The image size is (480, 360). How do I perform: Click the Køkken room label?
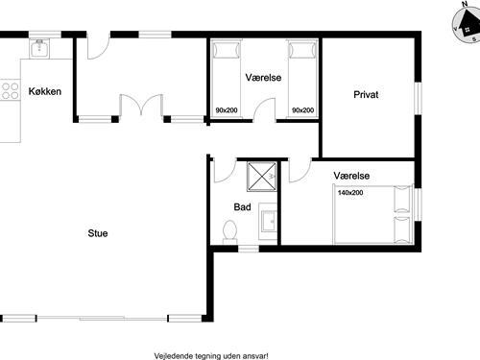pyautogui.click(x=45, y=91)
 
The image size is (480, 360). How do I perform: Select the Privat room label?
pyautogui.click(x=367, y=95)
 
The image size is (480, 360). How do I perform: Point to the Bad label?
pyautogui.click(x=242, y=207)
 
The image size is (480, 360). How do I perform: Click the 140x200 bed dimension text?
pyautogui.click(x=350, y=193)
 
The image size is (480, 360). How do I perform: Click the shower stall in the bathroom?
pyautogui.click(x=260, y=178)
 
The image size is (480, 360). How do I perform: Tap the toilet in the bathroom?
pyautogui.click(x=229, y=230)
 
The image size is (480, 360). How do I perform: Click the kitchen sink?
pyautogui.click(x=39, y=50)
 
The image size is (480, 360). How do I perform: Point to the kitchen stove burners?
pyautogui.click(x=11, y=91)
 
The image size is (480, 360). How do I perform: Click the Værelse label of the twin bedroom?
pyautogui.click(x=263, y=77)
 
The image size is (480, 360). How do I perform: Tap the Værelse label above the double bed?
pyautogui.click(x=352, y=177)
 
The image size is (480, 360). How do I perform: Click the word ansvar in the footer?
pyautogui.click(x=252, y=353)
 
